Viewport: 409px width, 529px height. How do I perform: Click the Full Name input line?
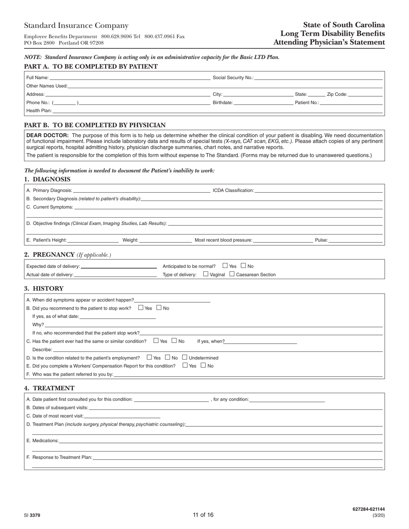129,78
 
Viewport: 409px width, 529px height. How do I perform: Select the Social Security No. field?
318,78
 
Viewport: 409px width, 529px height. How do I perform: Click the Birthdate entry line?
263,103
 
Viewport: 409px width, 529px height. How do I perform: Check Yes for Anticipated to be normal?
225,266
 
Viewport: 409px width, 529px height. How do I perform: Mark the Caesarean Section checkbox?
232,274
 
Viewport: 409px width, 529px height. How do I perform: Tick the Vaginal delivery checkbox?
206,274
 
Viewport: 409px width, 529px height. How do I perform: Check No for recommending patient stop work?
159,308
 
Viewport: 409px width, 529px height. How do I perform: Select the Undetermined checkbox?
185,357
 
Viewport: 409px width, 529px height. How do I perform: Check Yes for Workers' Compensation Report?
185,365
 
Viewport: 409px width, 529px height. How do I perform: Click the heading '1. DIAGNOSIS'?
47,179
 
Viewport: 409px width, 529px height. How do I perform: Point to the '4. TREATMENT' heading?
50,388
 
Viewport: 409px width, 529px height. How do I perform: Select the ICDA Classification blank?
318,190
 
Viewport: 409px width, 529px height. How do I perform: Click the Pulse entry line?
355,240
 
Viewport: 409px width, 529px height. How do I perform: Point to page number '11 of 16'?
203,515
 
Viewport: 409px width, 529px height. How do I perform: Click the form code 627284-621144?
368,509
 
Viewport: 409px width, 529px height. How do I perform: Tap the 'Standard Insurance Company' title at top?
76,26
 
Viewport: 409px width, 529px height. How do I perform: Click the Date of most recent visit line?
122,416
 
